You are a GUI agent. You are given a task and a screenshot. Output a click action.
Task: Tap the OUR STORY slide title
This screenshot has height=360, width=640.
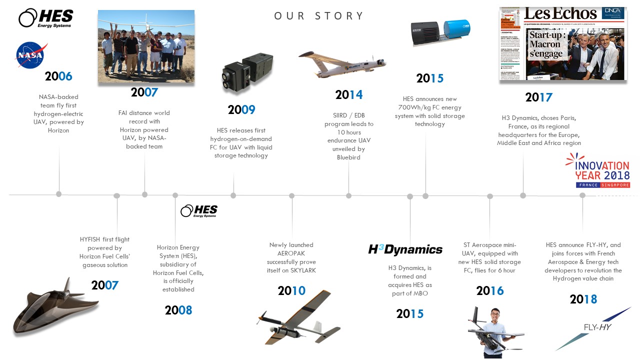tap(319, 16)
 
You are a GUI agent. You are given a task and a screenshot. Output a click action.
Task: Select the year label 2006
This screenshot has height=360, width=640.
tap(58, 76)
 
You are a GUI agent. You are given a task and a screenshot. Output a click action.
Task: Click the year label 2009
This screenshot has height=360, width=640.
tap(241, 109)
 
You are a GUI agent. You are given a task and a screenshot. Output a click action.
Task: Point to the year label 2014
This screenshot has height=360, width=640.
tap(349, 94)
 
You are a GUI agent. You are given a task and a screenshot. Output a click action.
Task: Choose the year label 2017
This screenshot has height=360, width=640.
tap(538, 97)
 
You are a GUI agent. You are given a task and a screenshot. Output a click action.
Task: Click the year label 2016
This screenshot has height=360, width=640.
tap(490, 290)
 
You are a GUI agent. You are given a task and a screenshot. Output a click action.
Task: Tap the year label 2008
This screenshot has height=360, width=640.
tap(178, 310)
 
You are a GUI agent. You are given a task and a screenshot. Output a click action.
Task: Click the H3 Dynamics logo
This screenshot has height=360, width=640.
tap(405, 249)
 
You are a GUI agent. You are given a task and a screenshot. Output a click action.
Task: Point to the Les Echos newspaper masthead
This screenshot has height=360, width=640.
tap(560, 13)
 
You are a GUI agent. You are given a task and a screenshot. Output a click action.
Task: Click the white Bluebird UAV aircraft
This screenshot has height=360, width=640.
tap(342, 65)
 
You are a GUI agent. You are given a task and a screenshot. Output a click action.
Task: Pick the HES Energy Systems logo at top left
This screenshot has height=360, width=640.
tap(45, 18)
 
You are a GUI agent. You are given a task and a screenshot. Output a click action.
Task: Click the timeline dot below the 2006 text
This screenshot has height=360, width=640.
tap(59, 194)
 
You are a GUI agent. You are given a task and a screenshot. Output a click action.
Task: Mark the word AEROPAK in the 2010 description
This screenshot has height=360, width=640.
tap(291, 253)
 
